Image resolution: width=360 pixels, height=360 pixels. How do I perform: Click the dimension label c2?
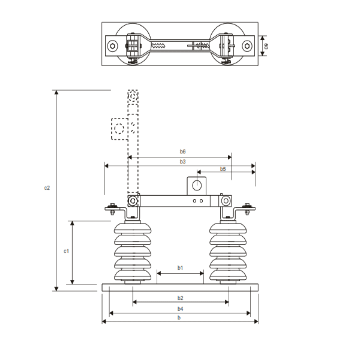click(47, 188)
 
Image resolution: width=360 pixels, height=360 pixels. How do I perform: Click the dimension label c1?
click(66, 251)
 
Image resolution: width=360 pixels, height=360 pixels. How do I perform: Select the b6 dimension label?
click(182, 152)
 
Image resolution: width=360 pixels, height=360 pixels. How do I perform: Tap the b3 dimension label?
click(182, 161)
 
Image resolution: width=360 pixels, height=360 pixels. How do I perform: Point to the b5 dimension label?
click(223, 169)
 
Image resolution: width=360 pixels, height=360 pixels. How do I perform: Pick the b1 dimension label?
click(180, 268)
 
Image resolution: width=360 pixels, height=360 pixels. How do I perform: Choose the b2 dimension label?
click(180, 298)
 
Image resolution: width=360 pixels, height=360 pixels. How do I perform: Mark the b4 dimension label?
click(180, 309)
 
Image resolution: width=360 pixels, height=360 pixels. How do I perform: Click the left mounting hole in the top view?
click(113, 46)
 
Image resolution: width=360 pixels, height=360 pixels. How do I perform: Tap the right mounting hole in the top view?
click(247, 46)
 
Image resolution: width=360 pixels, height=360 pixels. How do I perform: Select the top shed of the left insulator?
click(133, 228)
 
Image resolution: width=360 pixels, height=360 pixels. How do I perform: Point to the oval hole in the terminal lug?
click(197, 185)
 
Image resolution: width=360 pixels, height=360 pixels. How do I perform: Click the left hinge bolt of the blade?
click(133, 201)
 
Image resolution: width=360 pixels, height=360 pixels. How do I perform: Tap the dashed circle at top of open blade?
click(133, 96)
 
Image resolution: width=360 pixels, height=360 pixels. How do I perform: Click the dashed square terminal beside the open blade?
click(119, 129)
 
